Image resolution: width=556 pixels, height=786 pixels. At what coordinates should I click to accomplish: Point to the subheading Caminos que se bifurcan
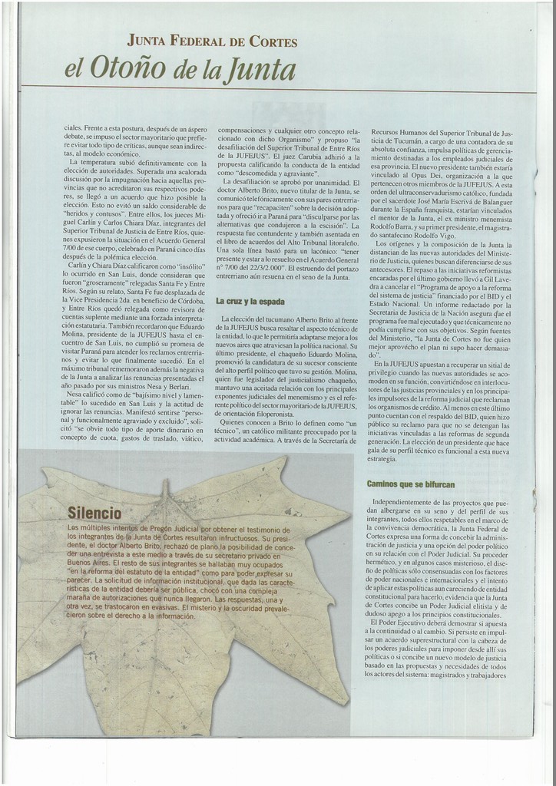coord(411,484)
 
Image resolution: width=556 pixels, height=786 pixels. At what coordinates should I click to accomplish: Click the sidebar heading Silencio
coord(94,512)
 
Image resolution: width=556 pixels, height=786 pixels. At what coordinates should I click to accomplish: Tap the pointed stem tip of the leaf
coord(165,484)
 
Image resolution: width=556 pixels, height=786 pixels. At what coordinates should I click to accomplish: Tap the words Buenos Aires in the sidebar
coord(88,563)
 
